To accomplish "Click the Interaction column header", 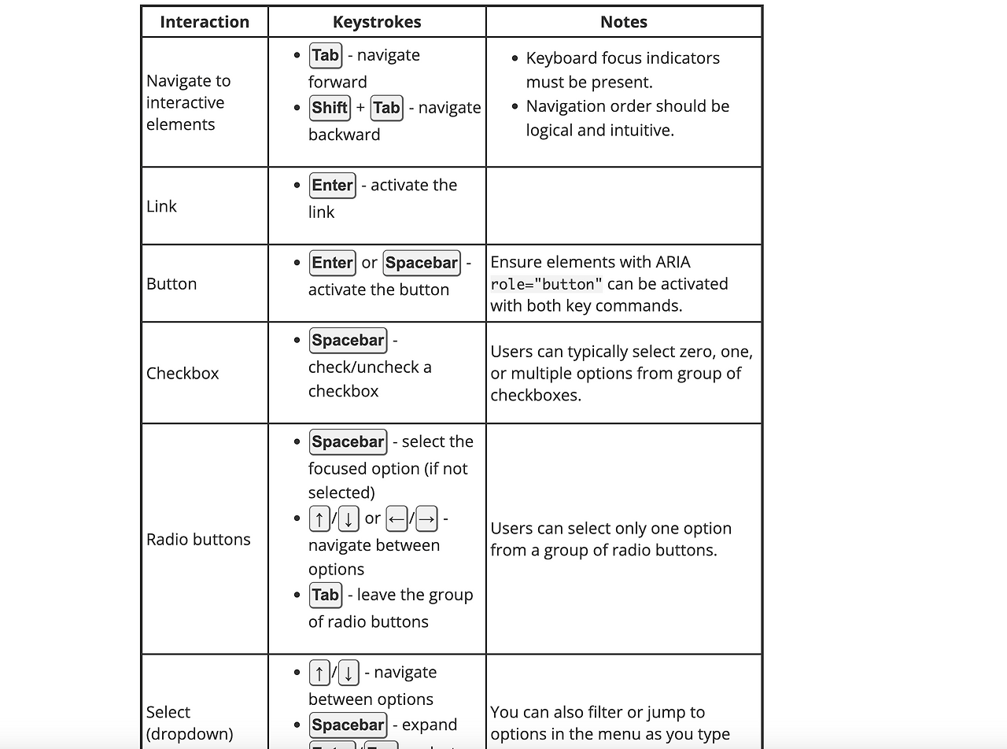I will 205,22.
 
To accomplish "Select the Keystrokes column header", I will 377,22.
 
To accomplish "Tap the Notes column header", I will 624,22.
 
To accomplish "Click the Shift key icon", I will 330,108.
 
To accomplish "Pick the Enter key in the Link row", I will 333,186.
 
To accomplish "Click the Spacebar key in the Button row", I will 422,263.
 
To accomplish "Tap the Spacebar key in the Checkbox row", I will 348,341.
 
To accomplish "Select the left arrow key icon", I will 397,519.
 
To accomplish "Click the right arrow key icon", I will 426,519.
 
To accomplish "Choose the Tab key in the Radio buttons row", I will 326,596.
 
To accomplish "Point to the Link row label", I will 162,206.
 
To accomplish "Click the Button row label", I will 172,284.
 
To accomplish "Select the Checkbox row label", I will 183,374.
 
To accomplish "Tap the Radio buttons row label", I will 198,540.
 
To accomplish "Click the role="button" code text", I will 547,285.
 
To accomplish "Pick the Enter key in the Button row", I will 333,263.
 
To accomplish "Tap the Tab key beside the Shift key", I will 386,108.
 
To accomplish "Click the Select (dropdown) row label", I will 190,723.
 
